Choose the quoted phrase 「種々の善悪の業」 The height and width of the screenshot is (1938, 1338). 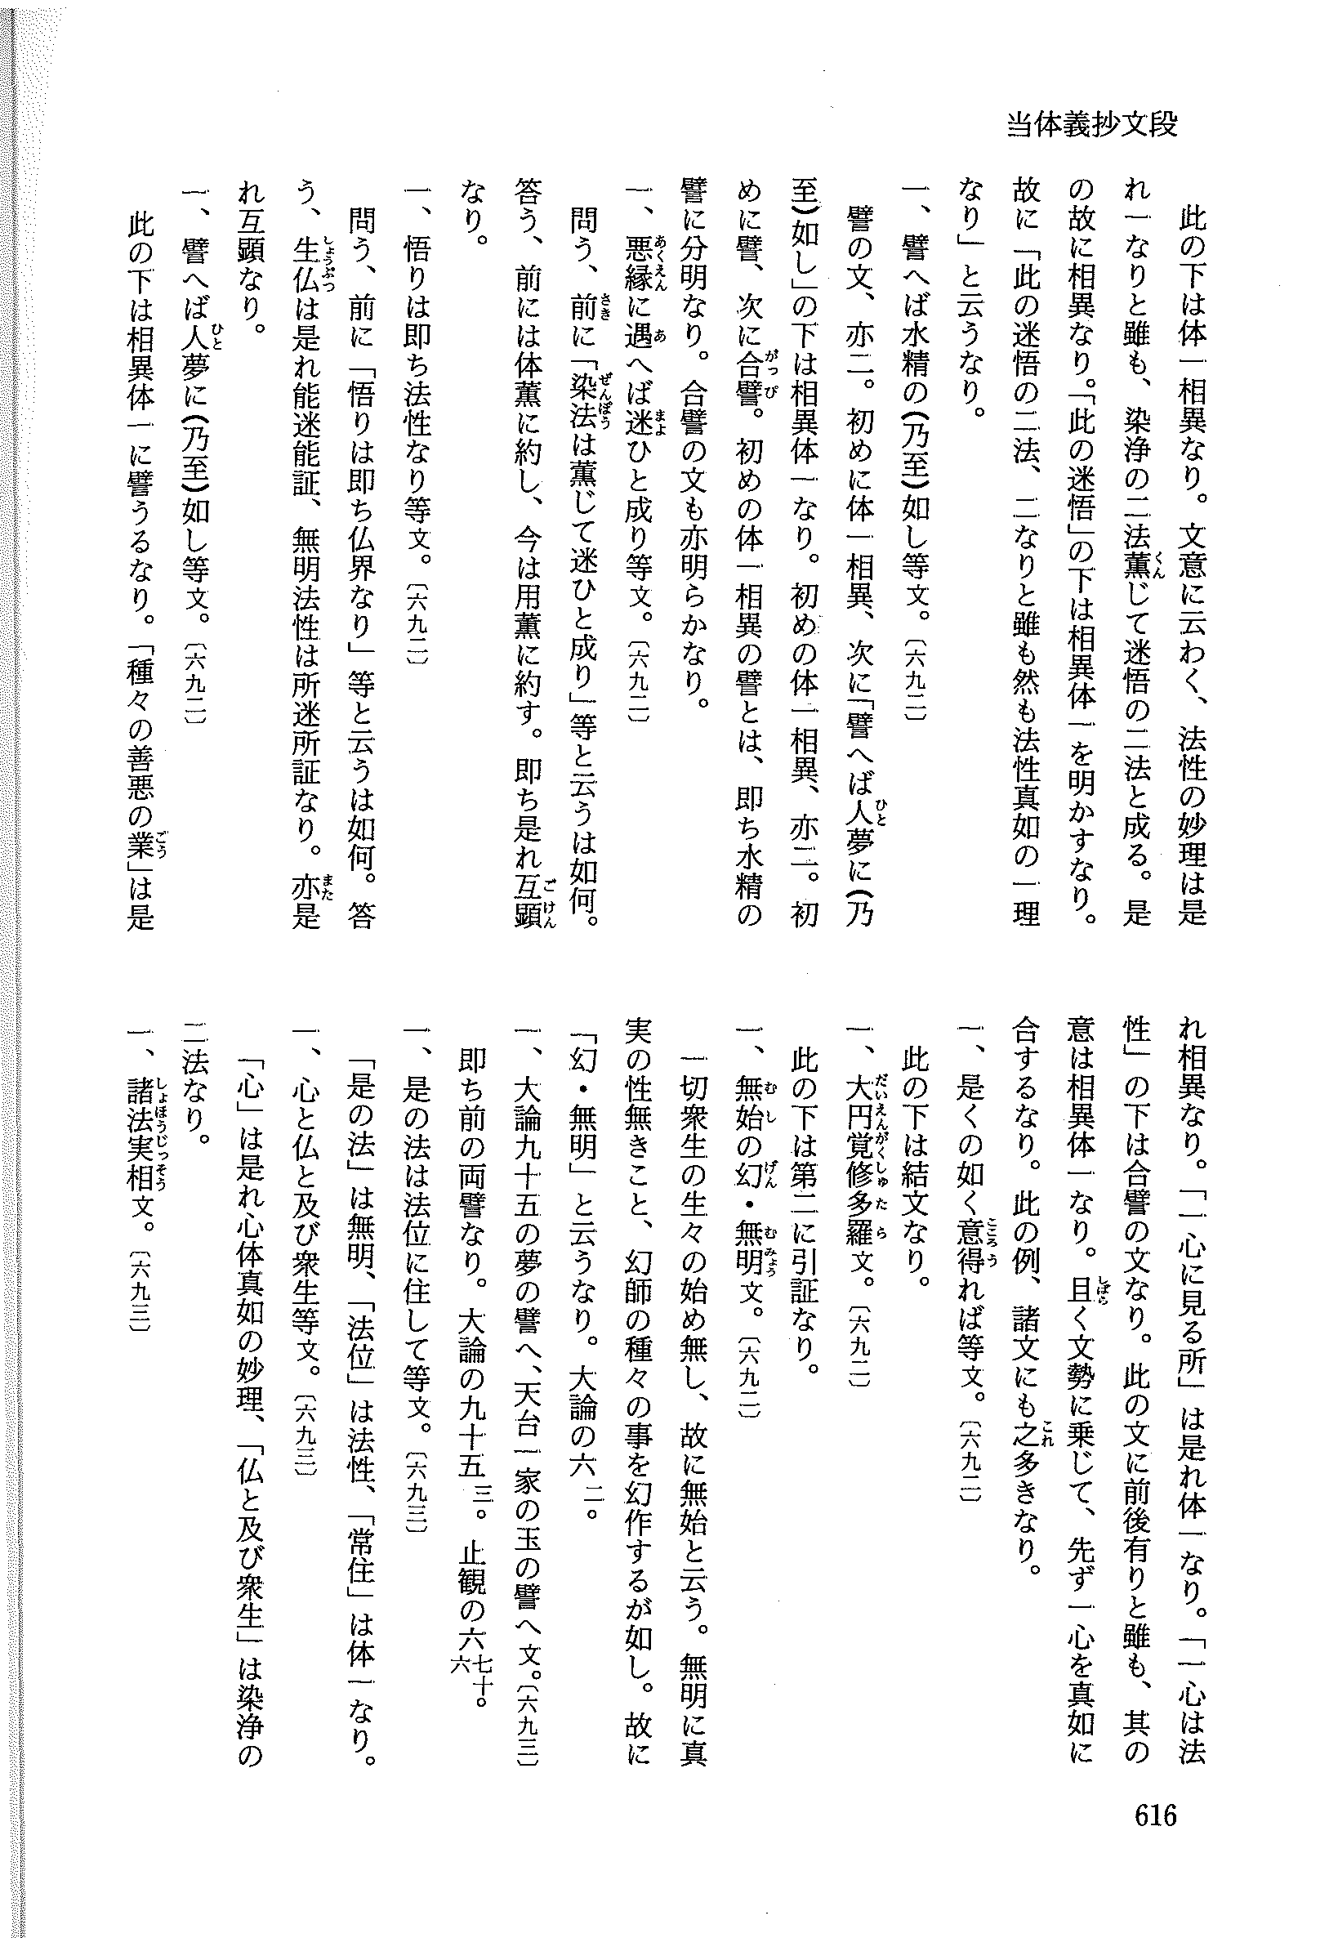[139, 754]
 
